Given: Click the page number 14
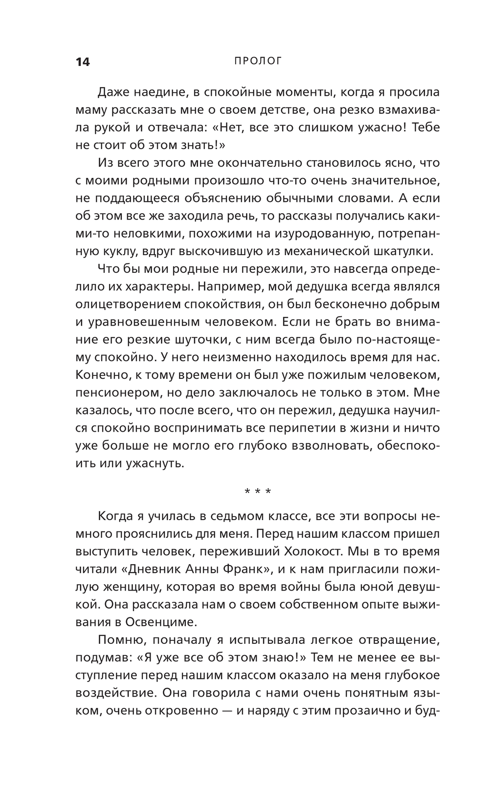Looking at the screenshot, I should coord(83,62).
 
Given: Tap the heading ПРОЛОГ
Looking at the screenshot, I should coord(251,61).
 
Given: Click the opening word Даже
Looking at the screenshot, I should coord(113,92).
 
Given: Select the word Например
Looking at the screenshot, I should coord(228,286).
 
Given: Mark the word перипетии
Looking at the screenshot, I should coord(304,428).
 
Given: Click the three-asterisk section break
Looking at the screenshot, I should coord(258,491).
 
